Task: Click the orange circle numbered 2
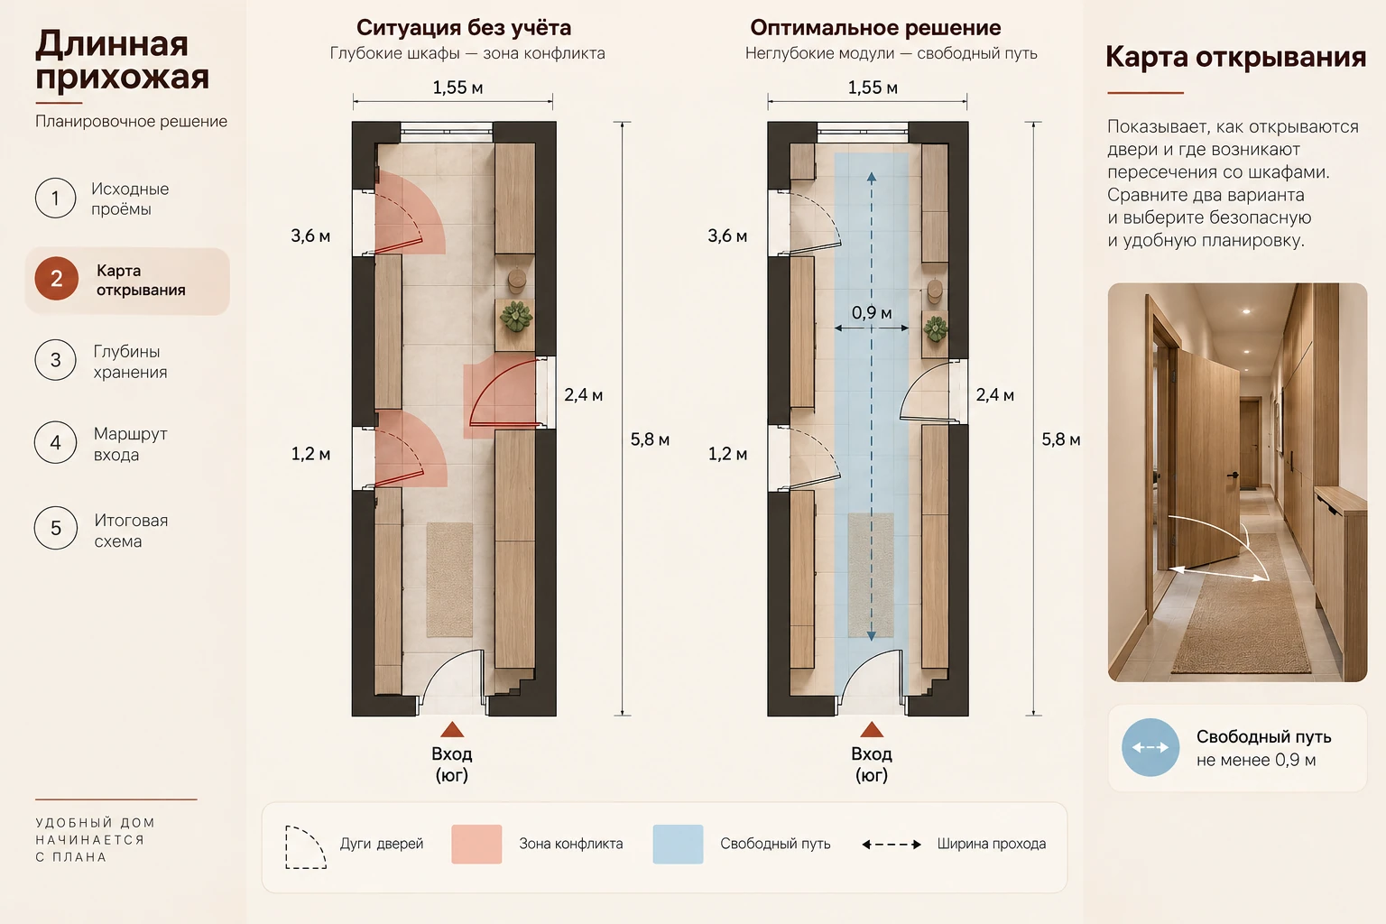(x=56, y=279)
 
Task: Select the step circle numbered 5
(x=56, y=528)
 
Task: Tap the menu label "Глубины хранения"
(x=130, y=362)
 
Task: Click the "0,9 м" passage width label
(x=871, y=312)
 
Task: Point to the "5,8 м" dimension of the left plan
(x=650, y=439)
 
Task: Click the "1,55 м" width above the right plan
(x=873, y=88)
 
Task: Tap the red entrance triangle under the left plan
(x=452, y=729)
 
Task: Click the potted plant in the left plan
(x=516, y=316)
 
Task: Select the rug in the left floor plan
(x=449, y=579)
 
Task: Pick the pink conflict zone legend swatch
(x=476, y=844)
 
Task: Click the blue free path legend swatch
(x=679, y=844)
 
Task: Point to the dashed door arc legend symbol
(x=306, y=846)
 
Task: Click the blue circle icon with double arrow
(x=1150, y=747)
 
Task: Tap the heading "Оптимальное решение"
(x=875, y=28)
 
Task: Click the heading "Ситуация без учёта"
(x=464, y=28)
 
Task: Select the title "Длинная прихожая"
(x=123, y=60)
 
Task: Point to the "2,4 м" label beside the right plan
(x=995, y=395)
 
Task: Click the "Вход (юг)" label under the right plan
(x=872, y=764)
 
